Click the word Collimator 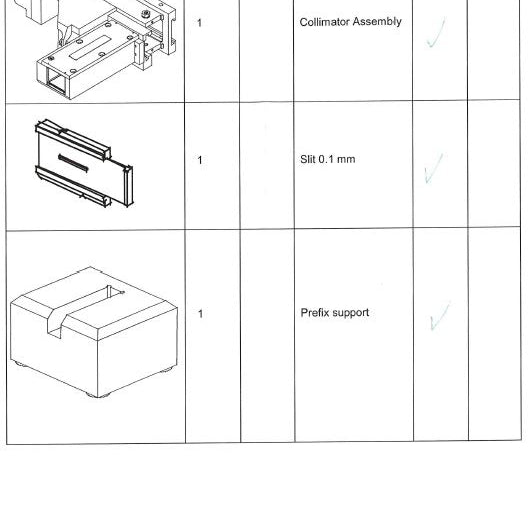pyautogui.click(x=324, y=22)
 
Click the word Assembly pyautogui.click(x=377, y=22)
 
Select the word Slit pyautogui.click(x=308, y=159)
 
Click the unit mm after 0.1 pyautogui.click(x=346, y=160)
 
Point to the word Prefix pyautogui.click(x=315, y=313)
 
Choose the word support pyautogui.click(x=351, y=313)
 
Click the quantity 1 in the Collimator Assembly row pyautogui.click(x=199, y=23)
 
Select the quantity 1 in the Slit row pyautogui.click(x=200, y=160)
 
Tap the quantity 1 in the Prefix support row pyautogui.click(x=201, y=314)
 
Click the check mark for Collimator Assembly pyautogui.click(x=435, y=33)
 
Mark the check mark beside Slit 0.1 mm pyautogui.click(x=433, y=168)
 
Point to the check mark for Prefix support pyautogui.click(x=440, y=315)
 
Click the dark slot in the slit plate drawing pyautogui.click(x=73, y=163)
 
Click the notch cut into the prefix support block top pyautogui.click(x=85, y=309)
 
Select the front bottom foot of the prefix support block pyautogui.click(x=98, y=394)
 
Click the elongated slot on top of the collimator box pyautogui.click(x=90, y=47)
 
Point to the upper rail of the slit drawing pyautogui.click(x=73, y=139)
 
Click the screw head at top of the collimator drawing pyautogui.click(x=146, y=14)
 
